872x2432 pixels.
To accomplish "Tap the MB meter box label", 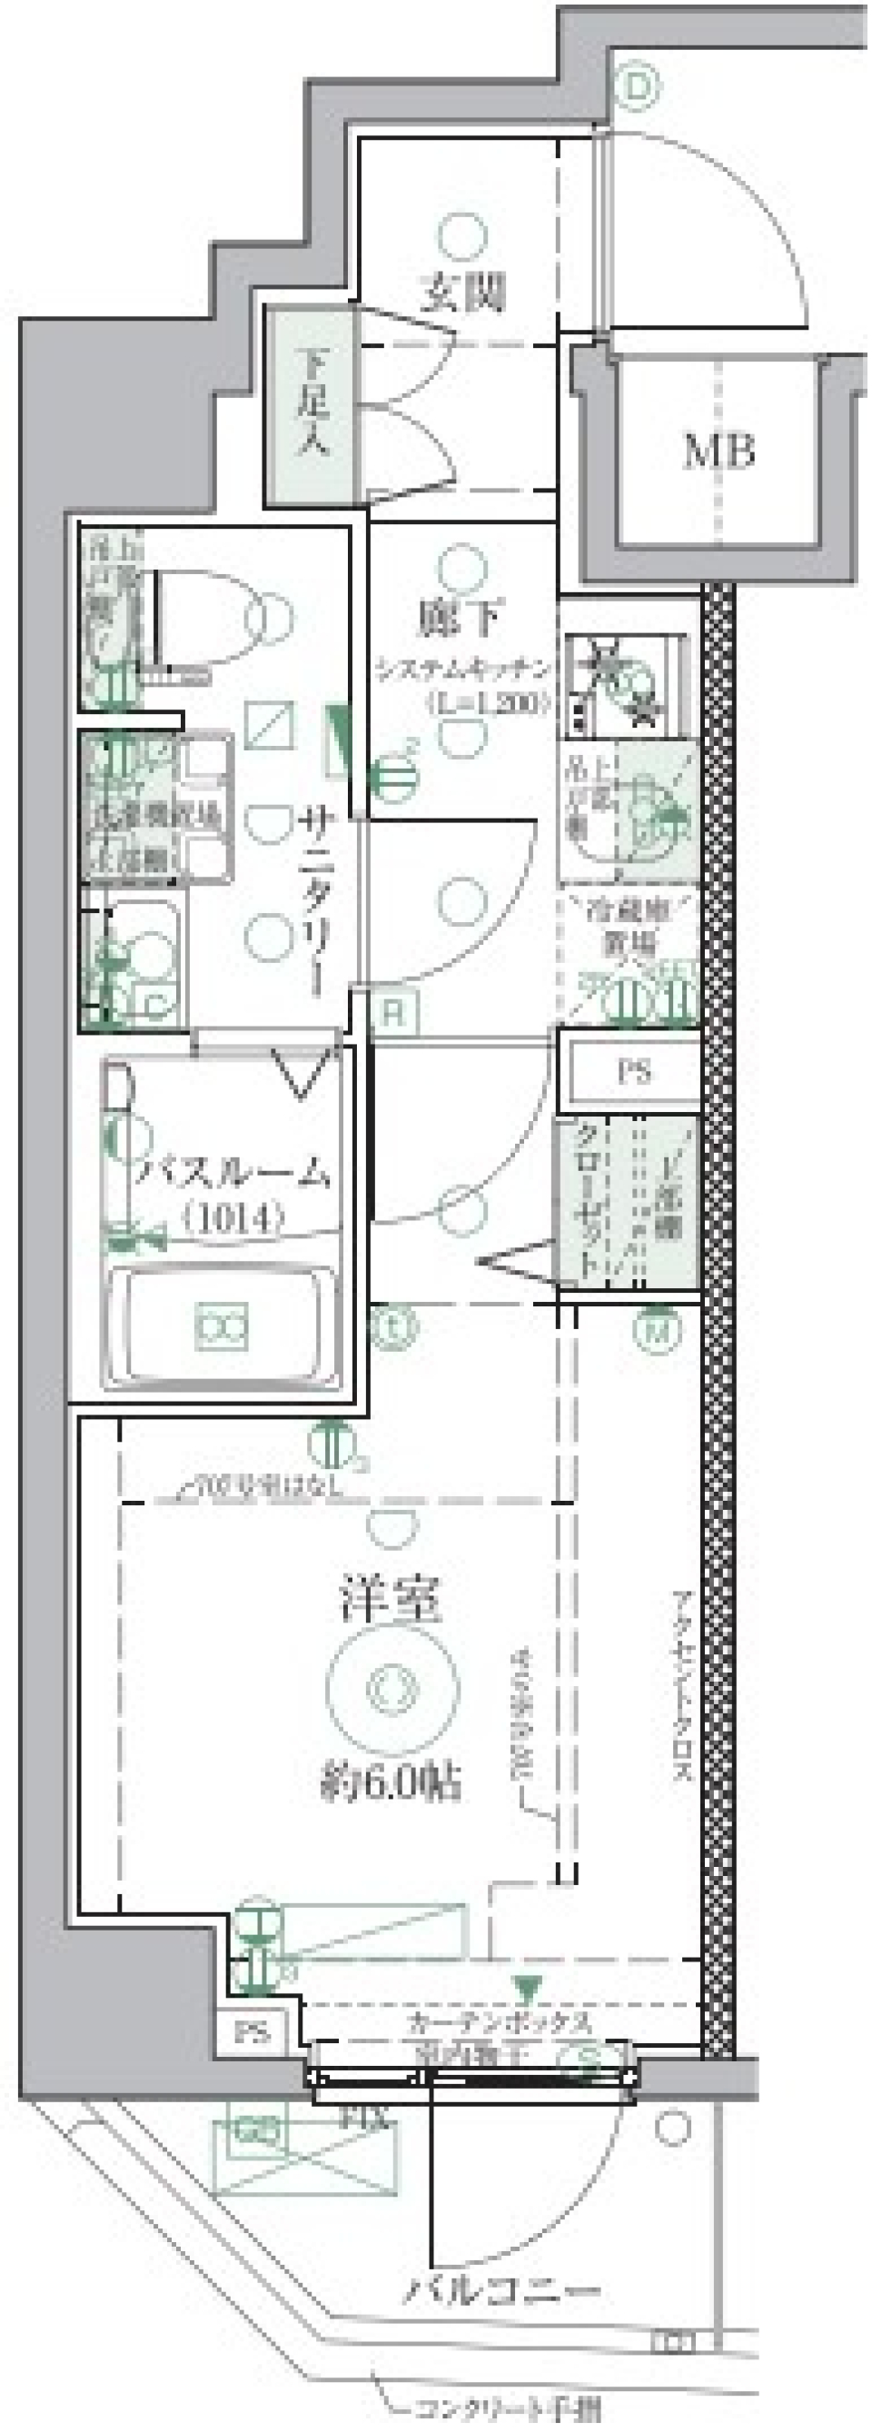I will point(719,452).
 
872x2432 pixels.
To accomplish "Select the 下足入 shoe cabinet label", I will point(311,403).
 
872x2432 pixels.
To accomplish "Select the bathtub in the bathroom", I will point(223,1326).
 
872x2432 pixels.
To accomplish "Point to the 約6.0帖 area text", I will point(391,1783).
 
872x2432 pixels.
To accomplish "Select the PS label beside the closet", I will point(634,1072).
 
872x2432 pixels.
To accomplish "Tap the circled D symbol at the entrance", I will point(639,87).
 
